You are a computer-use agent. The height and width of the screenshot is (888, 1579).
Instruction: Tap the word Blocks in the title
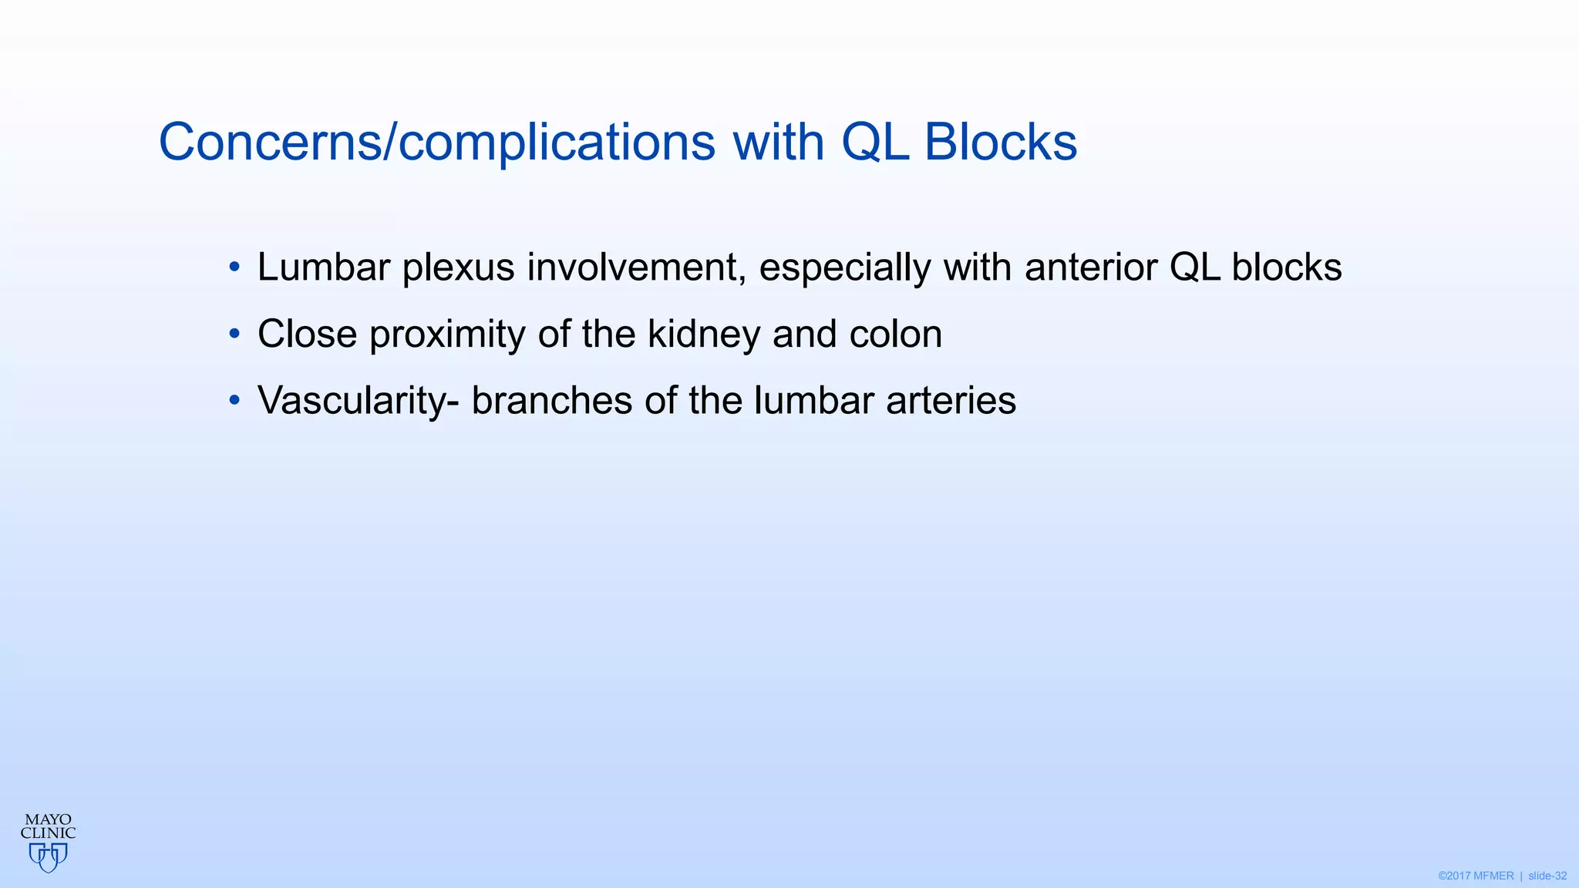[x=1000, y=143]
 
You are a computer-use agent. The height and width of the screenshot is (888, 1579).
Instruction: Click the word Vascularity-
[x=359, y=401]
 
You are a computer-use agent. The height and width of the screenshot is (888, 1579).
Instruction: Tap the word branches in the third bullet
[x=551, y=401]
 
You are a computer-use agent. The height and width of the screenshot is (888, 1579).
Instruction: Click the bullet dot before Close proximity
[x=234, y=335]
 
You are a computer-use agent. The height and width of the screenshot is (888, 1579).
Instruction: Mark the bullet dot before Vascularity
[x=234, y=401]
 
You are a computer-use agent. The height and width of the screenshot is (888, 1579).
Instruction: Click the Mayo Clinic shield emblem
[x=48, y=857]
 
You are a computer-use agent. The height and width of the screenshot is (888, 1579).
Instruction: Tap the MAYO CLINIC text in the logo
[x=48, y=826]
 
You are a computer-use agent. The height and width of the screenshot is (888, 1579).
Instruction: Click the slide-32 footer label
[x=1547, y=876]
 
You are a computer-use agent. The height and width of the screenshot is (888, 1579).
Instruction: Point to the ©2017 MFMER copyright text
[x=1476, y=876]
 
